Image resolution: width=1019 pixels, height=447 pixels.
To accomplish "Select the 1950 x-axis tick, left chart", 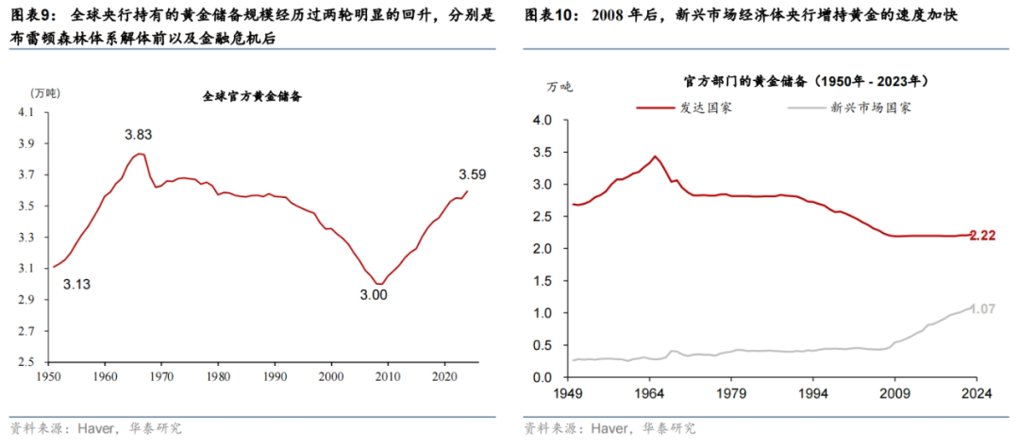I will tap(52, 376).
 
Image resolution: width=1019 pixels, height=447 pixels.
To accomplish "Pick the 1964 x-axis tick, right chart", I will tap(657, 393).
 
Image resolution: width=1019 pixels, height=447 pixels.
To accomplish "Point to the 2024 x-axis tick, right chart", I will tap(976, 393).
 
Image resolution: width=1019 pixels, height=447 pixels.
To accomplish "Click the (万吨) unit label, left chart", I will tap(44, 92).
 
